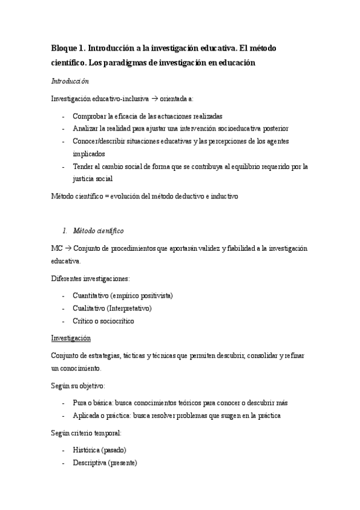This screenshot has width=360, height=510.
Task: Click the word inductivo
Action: tap(222, 196)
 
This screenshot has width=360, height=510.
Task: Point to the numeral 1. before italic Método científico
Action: tap(66, 230)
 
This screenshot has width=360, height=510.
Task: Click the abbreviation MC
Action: tap(57, 248)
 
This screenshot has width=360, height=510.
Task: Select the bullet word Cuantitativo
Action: tap(93, 295)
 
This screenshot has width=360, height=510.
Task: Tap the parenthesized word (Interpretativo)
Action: tap(129, 308)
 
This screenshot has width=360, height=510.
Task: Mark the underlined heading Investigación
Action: tap(71, 338)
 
